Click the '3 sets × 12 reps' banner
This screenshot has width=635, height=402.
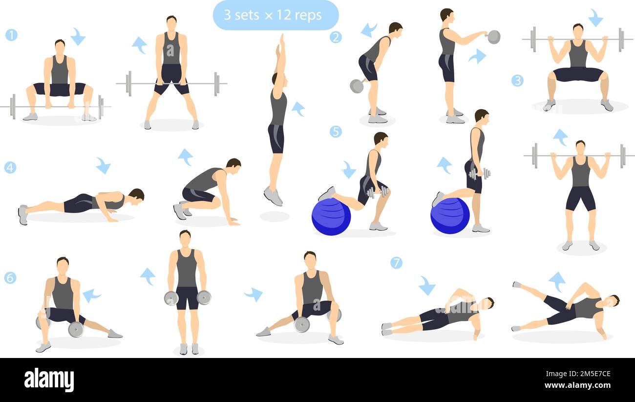click(x=275, y=15)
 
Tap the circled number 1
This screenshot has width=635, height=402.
click(x=11, y=35)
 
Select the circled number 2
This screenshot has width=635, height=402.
click(x=335, y=37)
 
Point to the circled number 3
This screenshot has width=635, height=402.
click(x=517, y=81)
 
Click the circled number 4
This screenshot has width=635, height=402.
click(x=10, y=168)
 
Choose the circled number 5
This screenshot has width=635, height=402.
click(x=335, y=132)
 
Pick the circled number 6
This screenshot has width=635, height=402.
click(x=10, y=278)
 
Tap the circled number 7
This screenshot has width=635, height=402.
click(x=396, y=263)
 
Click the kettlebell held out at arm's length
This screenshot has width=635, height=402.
click(x=493, y=37)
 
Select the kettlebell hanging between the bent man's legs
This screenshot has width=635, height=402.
click(x=357, y=86)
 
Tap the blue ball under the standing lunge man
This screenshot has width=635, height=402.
click(x=450, y=216)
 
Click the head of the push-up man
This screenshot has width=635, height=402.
click(x=136, y=195)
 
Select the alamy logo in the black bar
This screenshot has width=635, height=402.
click(x=49, y=380)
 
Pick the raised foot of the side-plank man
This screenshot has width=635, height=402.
click(x=516, y=284)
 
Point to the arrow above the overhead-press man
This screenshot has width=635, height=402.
click(x=560, y=136)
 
